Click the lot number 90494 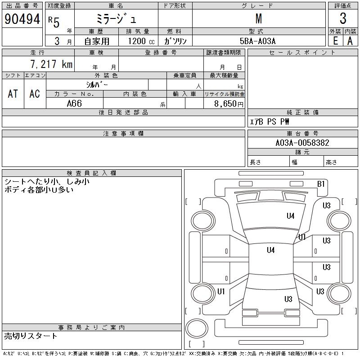coord(22,19)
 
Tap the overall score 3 coord(343,18)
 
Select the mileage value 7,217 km coord(51,64)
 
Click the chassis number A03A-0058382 coord(302,143)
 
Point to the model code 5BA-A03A coord(257,41)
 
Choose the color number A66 coord(74,103)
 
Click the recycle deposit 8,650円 coord(229,104)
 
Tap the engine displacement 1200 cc coord(141,41)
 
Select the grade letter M coord(259,19)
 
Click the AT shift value coord(13,94)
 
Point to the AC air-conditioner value coord(35,94)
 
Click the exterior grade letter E coord(335,41)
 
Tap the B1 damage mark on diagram coord(321,184)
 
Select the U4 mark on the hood coord(290,216)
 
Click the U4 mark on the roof coord(271,250)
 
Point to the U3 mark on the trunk coord(288,299)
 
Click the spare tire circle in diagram coord(197,328)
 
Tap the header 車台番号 coord(302,134)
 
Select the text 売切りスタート coord(31,336)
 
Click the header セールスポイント coord(302,53)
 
